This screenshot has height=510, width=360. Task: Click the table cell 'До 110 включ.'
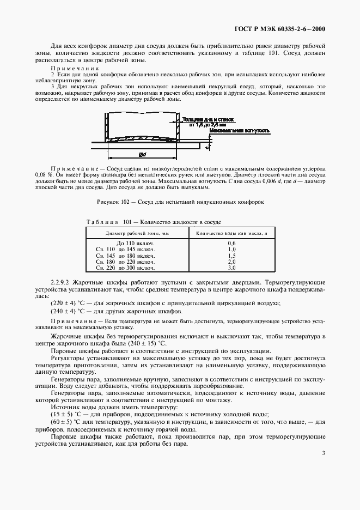136,243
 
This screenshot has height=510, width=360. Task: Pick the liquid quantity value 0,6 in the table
231,243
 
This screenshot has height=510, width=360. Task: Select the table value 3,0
231,268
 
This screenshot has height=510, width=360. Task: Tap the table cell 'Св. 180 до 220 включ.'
126,262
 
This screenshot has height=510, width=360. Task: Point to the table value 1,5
231,256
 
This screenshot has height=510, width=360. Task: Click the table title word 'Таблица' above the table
102,223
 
